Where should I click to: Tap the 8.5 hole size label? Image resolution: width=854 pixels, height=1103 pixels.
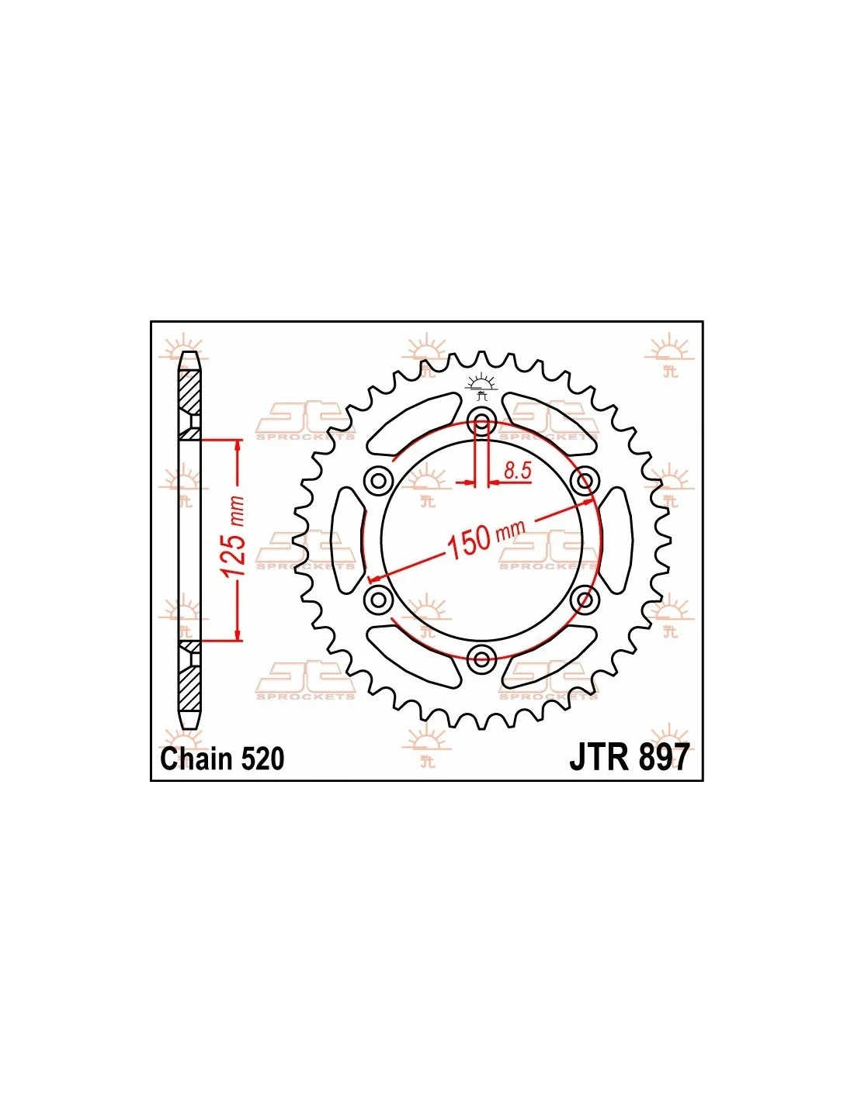click(x=517, y=471)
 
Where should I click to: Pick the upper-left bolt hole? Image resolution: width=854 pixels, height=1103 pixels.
click(x=378, y=479)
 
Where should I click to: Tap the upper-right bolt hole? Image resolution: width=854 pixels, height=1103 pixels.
click(x=585, y=479)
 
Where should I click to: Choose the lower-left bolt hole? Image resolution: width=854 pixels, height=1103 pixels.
click(x=378, y=600)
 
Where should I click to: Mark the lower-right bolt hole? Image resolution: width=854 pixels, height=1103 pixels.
click(x=585, y=600)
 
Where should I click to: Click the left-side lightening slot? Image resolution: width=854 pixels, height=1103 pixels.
click(x=349, y=540)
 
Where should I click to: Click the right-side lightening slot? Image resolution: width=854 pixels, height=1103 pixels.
click(x=615, y=540)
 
